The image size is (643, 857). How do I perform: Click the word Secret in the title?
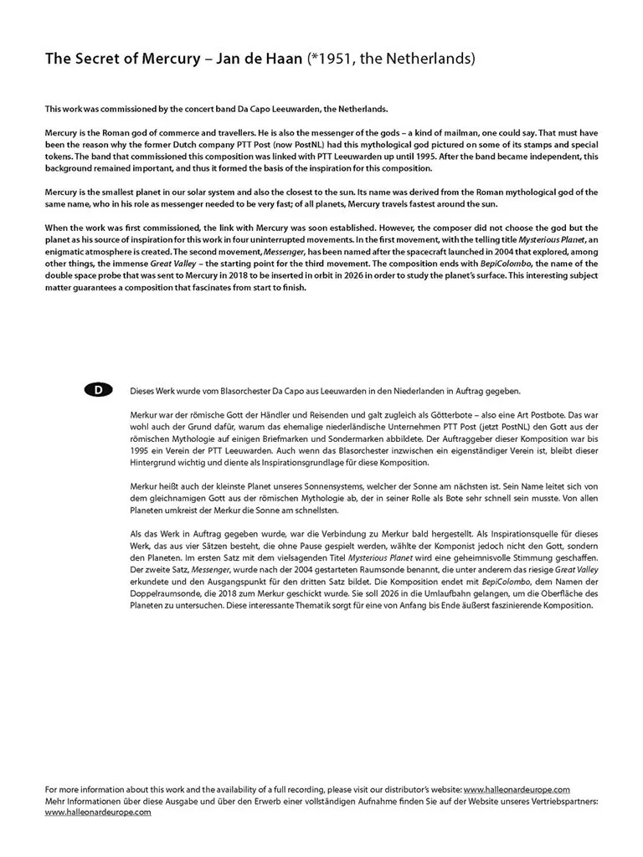tap(93, 59)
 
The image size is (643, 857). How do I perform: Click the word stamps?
tap(512, 145)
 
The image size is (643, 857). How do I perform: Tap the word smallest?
tap(126, 192)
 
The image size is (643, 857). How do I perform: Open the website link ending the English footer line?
tap(517, 789)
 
